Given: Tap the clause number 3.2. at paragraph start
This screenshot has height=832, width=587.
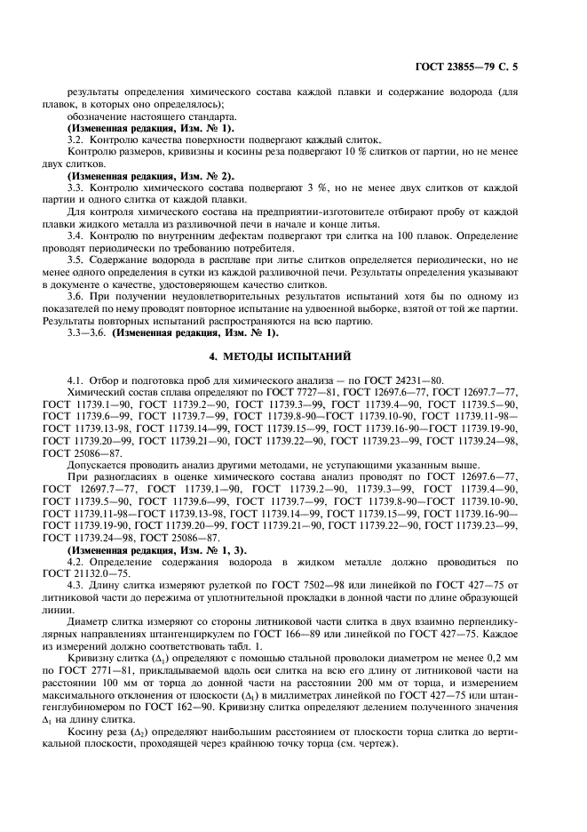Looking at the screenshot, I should point(77,140).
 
